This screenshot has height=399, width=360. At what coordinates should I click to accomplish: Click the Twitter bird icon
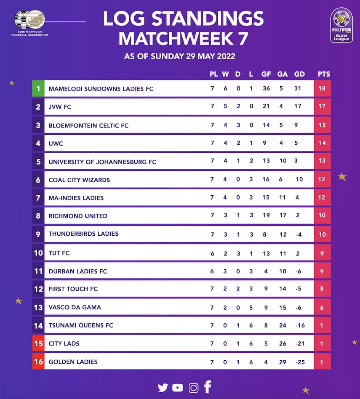pos(163,388)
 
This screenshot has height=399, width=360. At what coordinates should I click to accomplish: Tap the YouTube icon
pos(178,388)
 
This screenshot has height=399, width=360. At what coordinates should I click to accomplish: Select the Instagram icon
pos(193,388)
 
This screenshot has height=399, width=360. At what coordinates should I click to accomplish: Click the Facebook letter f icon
pos(208,387)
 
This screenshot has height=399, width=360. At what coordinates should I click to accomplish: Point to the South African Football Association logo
pos(30,23)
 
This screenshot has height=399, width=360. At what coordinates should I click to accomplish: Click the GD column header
pos(299,74)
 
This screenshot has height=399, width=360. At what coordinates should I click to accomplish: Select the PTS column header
pos(324,74)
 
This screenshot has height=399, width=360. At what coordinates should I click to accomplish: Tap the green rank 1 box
pos(38,89)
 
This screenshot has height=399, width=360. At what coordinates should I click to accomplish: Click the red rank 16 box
pos(38,362)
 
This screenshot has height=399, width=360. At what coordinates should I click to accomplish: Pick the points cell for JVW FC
pos(322,107)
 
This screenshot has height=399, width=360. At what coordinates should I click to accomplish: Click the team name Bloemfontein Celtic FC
pos(88,125)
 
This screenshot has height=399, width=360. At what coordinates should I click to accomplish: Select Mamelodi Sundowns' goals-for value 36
pos(266,89)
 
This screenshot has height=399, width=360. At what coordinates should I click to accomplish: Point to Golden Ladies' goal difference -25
pos(299,362)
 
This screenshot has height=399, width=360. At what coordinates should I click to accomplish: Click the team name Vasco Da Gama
pos(75,307)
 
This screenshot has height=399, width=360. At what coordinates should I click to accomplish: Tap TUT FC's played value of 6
pos(212,253)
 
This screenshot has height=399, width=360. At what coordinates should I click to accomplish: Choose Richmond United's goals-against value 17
pos(282,216)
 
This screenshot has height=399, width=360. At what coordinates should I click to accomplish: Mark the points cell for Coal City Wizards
pos(322,180)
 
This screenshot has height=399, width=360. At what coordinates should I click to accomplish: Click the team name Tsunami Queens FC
pos(81,325)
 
